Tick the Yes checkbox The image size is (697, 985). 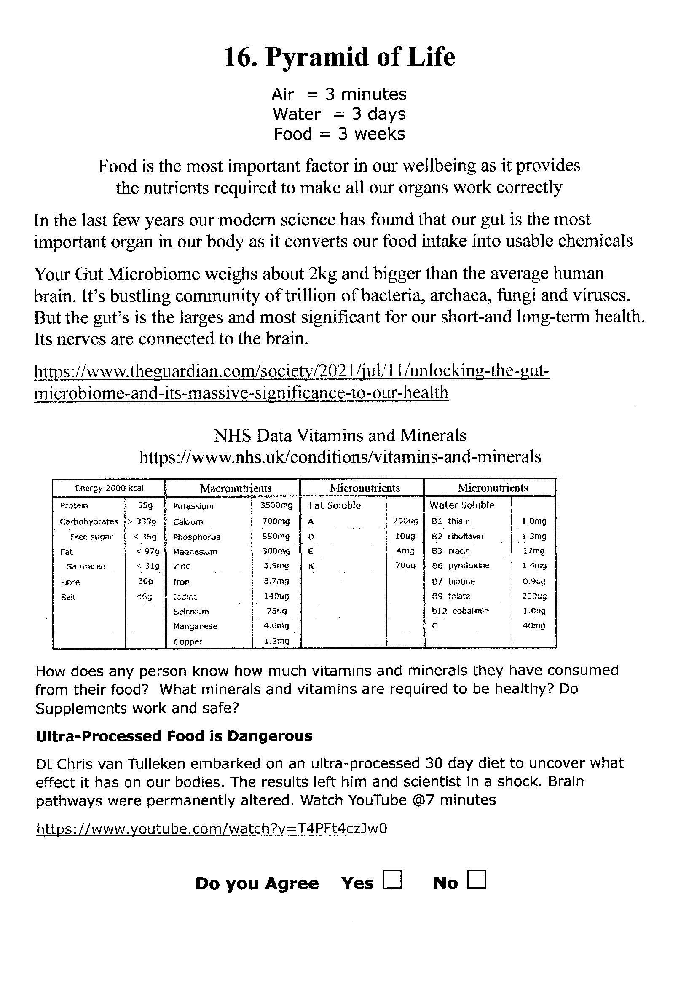[393, 878]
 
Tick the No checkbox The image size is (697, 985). [477, 878]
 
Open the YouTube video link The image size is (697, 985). [212, 828]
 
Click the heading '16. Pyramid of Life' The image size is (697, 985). [340, 57]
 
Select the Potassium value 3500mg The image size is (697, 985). [276, 505]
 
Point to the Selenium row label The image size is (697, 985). [191, 611]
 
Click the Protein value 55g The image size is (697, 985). [145, 505]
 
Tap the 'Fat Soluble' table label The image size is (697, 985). [335, 505]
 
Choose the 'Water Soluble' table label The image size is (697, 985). [462, 505]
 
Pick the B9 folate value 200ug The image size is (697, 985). [534, 596]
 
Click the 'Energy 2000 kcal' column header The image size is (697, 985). [109, 488]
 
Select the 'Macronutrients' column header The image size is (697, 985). [236, 488]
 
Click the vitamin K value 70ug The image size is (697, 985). [405, 566]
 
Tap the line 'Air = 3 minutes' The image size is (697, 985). [339, 94]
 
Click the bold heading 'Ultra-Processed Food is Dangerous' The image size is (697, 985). [174, 736]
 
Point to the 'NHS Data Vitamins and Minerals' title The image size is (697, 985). [340, 435]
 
